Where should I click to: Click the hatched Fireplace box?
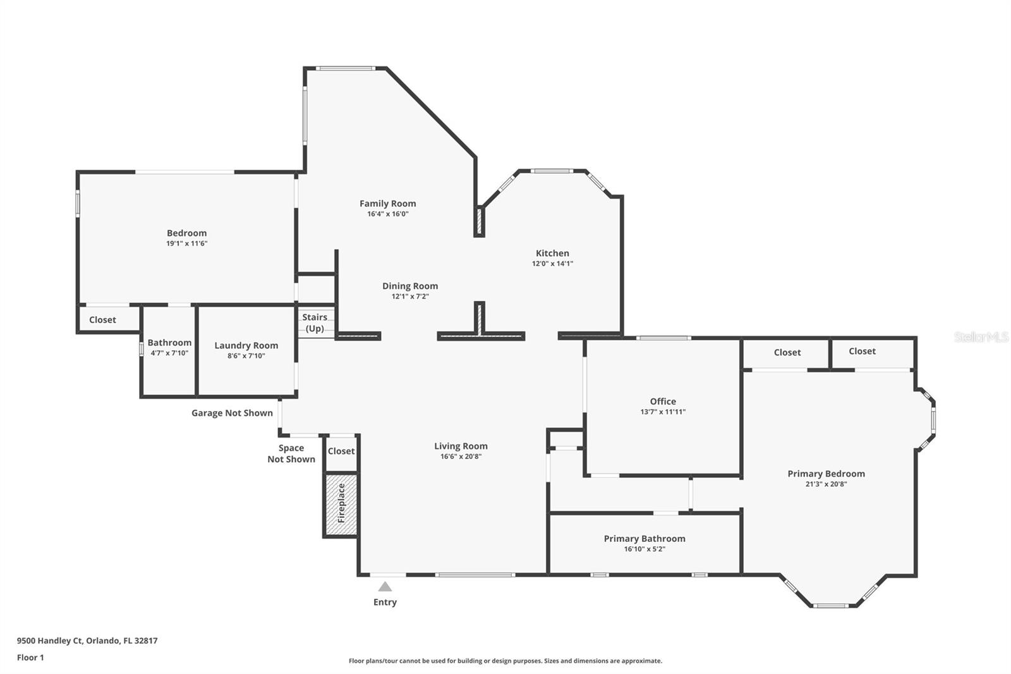pos(341,504)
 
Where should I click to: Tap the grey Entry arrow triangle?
pos(385,587)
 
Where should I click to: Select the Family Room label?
pos(387,204)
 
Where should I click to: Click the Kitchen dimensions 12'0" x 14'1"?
pos(552,264)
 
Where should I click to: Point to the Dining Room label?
pos(409,286)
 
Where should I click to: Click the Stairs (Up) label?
pos(315,322)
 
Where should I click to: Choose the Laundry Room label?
pos(246,345)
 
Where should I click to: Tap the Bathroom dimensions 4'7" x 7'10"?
pos(169,353)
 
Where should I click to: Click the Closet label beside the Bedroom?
pos(102,320)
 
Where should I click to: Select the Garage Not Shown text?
pos(232,413)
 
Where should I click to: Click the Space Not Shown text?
pos(291,453)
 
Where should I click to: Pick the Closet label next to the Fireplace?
pos(341,451)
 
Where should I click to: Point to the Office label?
pos(663,401)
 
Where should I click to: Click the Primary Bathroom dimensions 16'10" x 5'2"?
pos(645,549)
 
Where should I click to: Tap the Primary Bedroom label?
pos(826,474)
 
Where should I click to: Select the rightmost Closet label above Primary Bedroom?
pos(862,351)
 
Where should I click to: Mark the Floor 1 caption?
pos(30,658)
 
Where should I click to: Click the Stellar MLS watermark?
pos(981,337)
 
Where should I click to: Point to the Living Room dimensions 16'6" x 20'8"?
pos(461,456)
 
